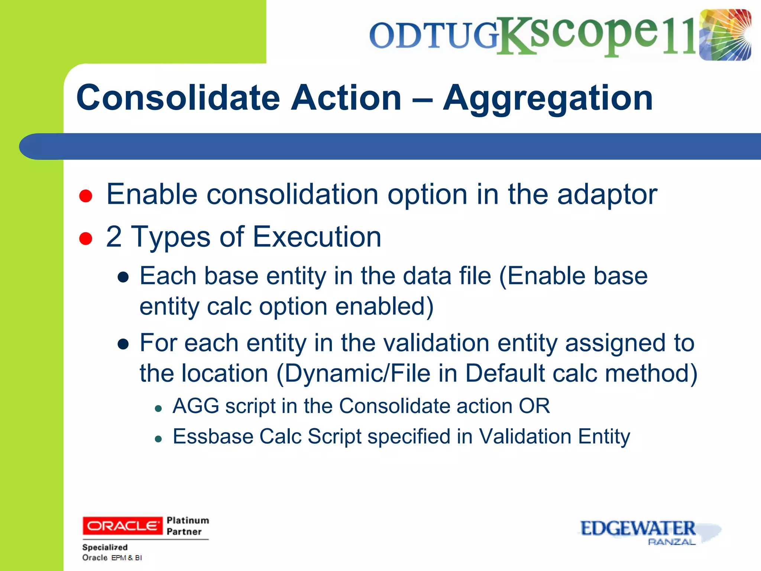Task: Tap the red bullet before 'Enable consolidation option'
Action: (86, 196)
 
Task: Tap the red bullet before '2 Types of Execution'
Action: (86, 238)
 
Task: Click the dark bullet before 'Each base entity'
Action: (123, 277)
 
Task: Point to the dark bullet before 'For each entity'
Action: (123, 344)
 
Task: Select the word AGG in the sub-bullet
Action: (196, 406)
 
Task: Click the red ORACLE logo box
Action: (122, 526)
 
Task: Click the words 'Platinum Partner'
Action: (188, 526)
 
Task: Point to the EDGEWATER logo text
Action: (637, 528)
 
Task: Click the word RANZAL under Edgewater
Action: (671, 542)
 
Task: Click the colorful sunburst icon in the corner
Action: (725, 35)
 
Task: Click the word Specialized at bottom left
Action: (105, 547)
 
